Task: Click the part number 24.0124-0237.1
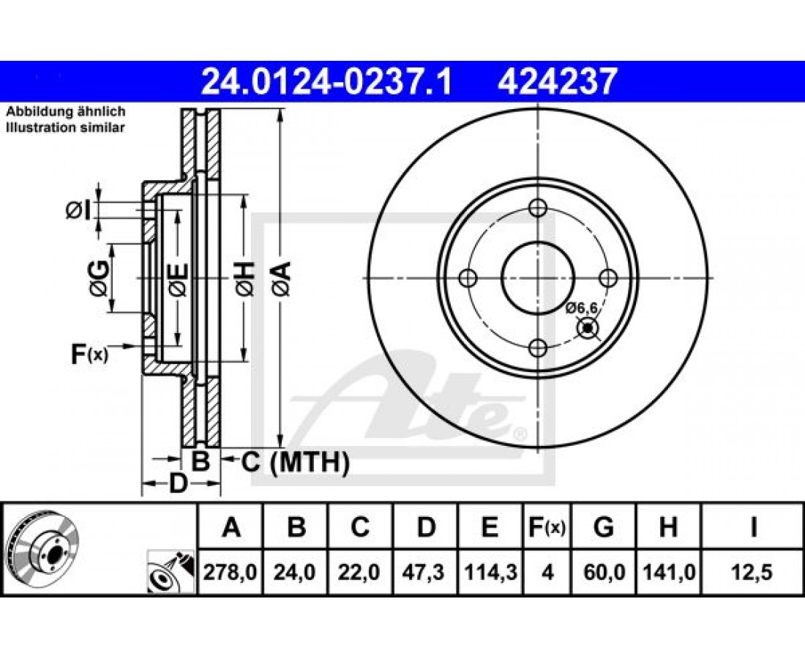pyautogui.click(x=326, y=82)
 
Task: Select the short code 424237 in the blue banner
pyautogui.click(x=556, y=82)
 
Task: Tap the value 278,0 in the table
pyautogui.click(x=230, y=572)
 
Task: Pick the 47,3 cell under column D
pyautogui.click(x=426, y=572)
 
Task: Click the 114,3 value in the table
pyautogui.click(x=490, y=572)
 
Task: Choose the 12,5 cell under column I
pyautogui.click(x=753, y=572)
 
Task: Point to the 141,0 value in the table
pyautogui.click(x=668, y=572)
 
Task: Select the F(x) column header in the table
pyautogui.click(x=547, y=527)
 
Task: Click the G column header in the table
pyautogui.click(x=604, y=527)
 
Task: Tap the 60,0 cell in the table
pyautogui.click(x=604, y=572)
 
